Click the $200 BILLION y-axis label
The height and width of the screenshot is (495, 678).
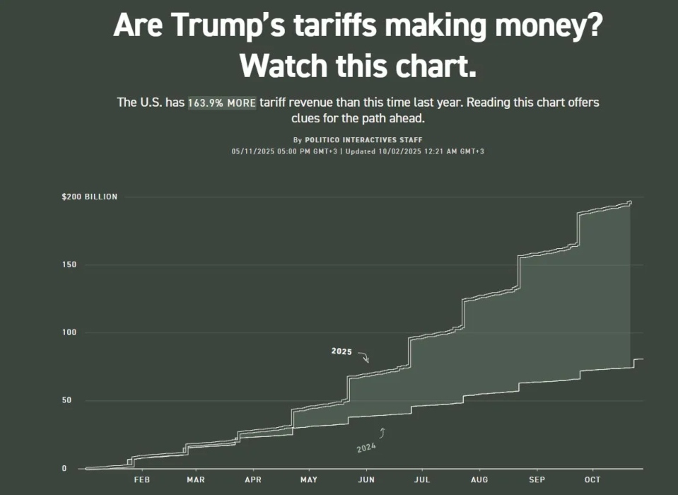tap(90, 197)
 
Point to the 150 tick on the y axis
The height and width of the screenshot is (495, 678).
tap(67, 265)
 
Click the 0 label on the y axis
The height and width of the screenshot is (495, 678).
tap(64, 468)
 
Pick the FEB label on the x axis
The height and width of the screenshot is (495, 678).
tap(141, 480)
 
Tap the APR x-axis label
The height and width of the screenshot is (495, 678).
tap(252, 480)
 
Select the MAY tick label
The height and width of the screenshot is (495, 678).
tap(309, 480)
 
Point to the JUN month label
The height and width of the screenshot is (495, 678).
tap(366, 480)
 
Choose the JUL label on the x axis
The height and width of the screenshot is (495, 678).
tap(421, 480)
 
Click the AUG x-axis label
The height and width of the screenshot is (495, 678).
tap(479, 480)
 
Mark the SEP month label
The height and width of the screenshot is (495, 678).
tap(537, 480)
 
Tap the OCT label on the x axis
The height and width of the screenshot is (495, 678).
tap(592, 480)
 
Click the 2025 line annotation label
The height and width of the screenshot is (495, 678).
tap(342, 351)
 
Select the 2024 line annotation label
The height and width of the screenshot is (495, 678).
tap(366, 448)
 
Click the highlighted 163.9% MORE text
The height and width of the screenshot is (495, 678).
tap(222, 103)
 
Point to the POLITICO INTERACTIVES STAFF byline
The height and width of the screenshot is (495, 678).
tap(363, 140)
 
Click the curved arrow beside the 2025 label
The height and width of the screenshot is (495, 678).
tap(363, 356)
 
